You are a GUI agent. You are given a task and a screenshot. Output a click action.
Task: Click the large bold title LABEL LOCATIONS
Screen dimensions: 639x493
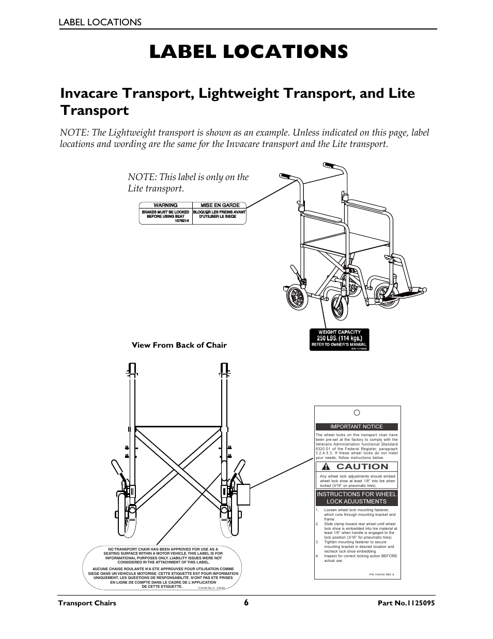click(248, 52)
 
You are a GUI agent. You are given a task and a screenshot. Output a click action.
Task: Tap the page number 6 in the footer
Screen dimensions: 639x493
click(246, 603)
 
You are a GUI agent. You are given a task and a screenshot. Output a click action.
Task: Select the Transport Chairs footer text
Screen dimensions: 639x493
click(87, 603)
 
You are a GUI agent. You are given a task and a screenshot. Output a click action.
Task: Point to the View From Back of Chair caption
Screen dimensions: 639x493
click(179, 345)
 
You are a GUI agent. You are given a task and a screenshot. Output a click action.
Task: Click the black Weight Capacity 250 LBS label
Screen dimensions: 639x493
click(339, 339)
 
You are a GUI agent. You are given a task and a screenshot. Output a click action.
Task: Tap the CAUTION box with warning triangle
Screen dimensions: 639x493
click(357, 466)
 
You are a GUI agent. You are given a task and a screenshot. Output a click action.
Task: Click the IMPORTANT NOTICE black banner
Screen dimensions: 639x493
click(357, 427)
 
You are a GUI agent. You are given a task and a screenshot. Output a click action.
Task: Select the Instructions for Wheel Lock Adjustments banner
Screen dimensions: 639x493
click(357, 498)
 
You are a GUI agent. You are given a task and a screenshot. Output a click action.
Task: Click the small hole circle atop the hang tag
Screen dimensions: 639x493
click(357, 413)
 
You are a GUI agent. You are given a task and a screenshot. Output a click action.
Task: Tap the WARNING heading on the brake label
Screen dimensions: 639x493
click(165, 205)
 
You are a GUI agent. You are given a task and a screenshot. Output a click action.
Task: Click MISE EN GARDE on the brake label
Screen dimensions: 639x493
click(220, 205)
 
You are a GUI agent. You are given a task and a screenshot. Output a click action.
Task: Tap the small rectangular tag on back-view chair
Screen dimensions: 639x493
click(242, 495)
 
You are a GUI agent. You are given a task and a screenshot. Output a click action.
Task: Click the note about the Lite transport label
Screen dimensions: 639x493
click(188, 183)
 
